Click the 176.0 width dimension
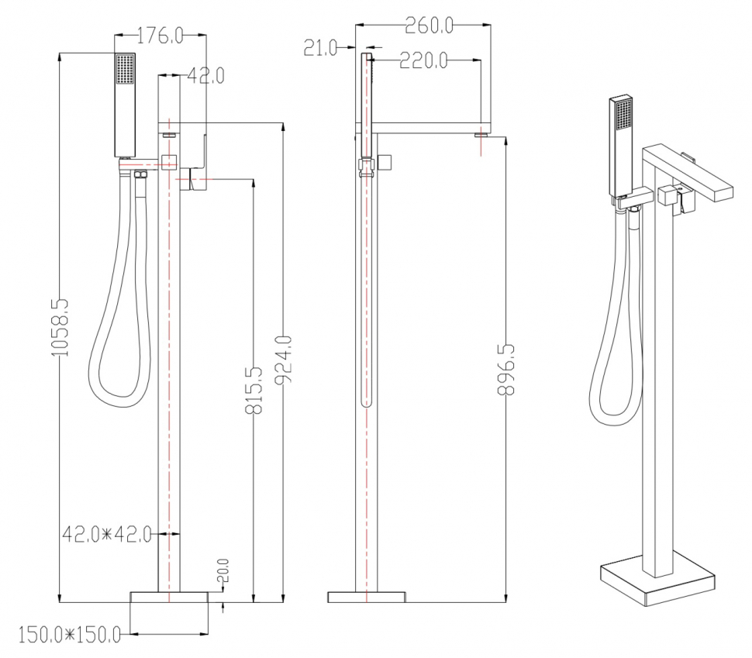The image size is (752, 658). click(x=160, y=36)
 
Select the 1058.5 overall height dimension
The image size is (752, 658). click(x=60, y=328)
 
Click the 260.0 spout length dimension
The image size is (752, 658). click(x=429, y=26)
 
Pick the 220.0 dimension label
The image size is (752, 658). click(x=423, y=61)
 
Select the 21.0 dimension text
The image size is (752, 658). click(x=320, y=48)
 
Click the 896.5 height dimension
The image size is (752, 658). click(x=506, y=369)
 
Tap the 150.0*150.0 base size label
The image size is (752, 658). click(x=70, y=636)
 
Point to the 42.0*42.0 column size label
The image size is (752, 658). click(x=107, y=534)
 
